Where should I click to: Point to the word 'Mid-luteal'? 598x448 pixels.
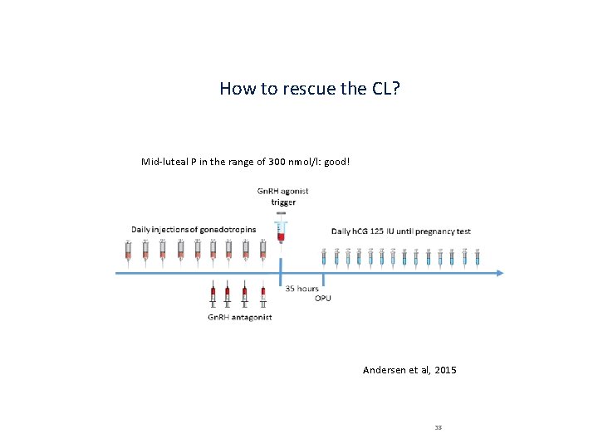tap(164, 161)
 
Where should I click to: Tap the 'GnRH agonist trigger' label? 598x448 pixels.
tap(282, 197)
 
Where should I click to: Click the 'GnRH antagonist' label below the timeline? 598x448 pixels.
tap(239, 317)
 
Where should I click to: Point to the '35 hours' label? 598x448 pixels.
tap(302, 289)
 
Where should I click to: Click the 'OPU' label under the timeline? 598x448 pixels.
tap(322, 298)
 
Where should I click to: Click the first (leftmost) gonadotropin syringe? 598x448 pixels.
tap(128, 251)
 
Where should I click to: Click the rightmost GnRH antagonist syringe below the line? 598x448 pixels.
tap(262, 295)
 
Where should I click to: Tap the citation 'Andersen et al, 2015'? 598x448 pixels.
tap(409, 370)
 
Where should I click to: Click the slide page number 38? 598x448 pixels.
tap(438, 428)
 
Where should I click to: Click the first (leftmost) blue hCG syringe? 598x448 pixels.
tap(325, 256)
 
